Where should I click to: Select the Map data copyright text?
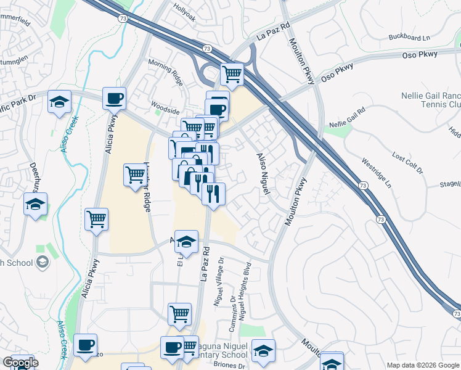pos(422,365)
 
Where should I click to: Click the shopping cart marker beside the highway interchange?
pos(232,75)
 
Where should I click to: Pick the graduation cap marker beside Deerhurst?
pos(35,204)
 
